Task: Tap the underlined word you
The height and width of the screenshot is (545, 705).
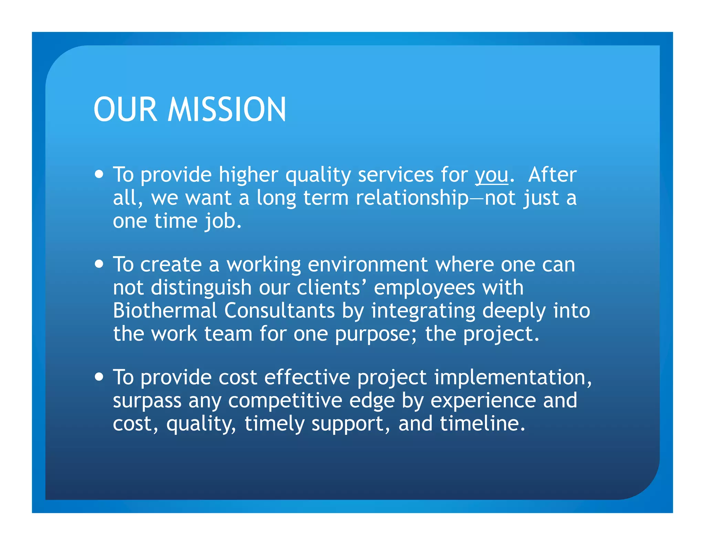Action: click(x=491, y=175)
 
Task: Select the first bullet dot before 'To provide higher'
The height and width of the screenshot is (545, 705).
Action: click(x=99, y=174)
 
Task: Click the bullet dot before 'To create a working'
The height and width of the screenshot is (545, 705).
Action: click(x=99, y=264)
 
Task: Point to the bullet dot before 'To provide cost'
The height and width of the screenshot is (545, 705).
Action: click(x=99, y=377)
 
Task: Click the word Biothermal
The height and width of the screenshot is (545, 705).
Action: click(x=165, y=310)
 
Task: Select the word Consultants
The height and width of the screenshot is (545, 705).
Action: click(x=279, y=310)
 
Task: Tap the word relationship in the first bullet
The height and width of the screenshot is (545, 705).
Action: click(x=412, y=198)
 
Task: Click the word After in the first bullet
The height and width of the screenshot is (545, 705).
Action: click(x=552, y=175)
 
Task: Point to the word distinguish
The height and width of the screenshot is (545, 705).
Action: click(x=201, y=288)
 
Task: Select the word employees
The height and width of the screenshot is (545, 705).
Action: click(x=424, y=288)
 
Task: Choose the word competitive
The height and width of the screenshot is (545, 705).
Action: click(x=285, y=401)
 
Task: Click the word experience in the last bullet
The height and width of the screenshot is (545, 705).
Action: click(x=483, y=401)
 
